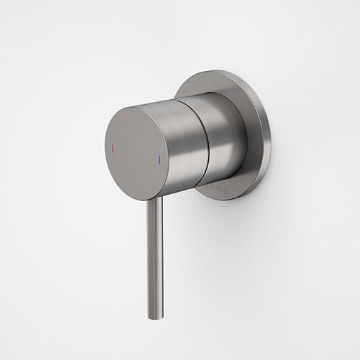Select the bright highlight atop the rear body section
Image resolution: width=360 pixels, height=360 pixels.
[x=211, y=98]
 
